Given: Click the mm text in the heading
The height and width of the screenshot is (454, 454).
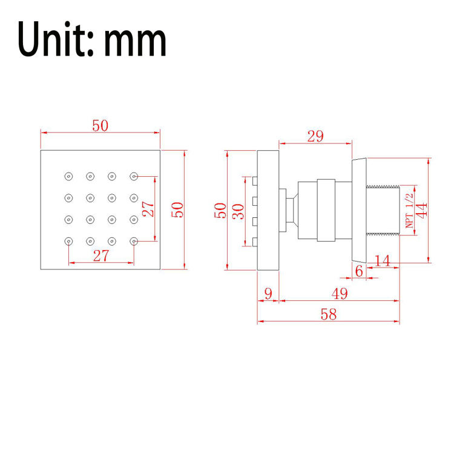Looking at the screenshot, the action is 136,42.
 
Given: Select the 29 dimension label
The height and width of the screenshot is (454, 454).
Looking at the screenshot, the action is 315,136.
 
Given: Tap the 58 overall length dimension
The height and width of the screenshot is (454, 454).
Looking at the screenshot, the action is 329,314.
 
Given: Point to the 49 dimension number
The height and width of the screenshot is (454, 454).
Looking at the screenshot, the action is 340,294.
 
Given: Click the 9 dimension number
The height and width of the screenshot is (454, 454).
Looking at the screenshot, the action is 268,294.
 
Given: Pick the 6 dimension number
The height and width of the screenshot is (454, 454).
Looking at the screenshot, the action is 359,271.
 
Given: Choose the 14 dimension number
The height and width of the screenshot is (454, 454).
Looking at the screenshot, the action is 382,260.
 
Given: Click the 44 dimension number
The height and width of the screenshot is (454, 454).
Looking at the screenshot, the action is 421,210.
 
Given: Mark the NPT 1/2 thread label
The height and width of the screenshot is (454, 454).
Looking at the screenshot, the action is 409,211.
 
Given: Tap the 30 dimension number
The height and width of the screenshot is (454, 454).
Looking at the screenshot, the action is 239,211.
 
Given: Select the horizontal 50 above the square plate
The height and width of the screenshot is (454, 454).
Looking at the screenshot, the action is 100,126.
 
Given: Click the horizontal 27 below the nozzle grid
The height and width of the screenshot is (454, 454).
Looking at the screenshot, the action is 101,255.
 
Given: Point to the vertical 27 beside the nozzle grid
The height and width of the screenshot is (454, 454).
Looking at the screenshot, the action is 148,209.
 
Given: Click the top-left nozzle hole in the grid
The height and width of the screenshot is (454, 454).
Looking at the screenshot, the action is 68,176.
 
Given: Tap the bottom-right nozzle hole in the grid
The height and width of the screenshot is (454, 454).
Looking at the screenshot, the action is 134,241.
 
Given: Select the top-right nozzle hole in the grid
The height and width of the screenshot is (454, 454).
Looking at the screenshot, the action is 134,176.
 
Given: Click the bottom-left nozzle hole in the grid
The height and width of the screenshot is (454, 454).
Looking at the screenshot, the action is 68,241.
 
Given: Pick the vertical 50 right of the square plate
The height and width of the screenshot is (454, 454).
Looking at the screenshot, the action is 177,210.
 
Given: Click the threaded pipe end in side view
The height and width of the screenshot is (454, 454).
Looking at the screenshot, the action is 383,211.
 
